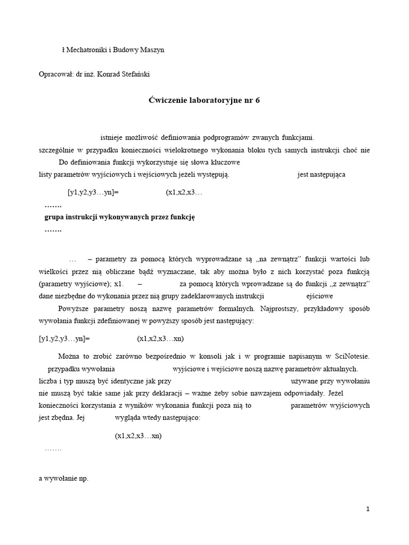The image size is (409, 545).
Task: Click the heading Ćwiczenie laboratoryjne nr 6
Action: (204, 100)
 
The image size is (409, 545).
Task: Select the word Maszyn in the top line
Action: (153, 50)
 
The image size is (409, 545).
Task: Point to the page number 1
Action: (367, 509)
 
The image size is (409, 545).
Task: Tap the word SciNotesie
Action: (349, 356)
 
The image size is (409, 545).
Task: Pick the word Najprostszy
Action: (283, 309)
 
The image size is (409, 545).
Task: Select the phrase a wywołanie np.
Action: (63, 478)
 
